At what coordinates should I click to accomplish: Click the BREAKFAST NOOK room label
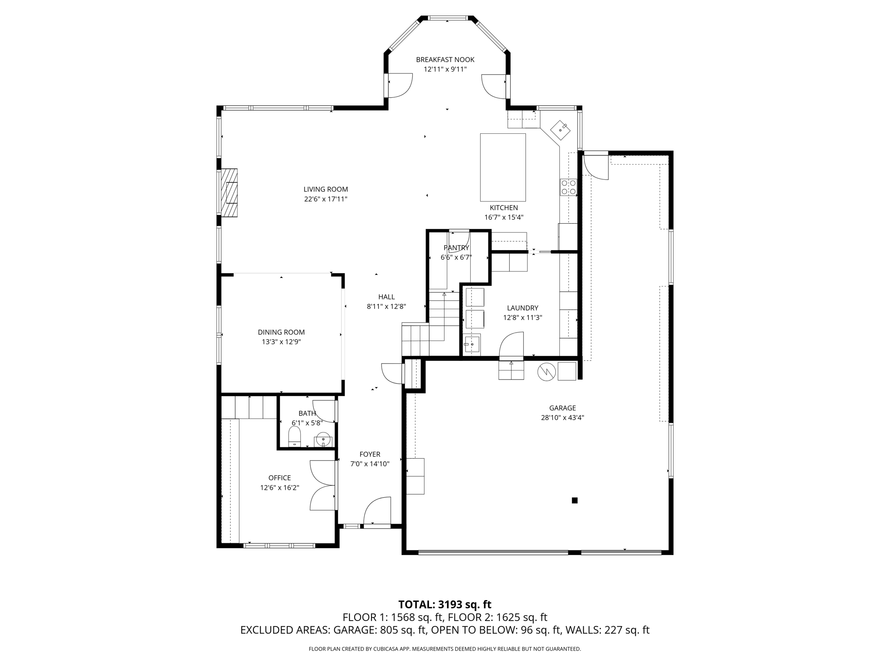pos(445,60)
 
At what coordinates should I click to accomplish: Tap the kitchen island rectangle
pos(503,167)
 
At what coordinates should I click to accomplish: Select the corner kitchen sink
pos(561,129)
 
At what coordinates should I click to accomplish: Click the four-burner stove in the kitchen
pos(568,187)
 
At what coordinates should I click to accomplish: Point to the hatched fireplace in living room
pos(229,192)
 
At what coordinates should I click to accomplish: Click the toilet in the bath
pos(295,436)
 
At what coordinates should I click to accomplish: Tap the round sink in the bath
pos(323,439)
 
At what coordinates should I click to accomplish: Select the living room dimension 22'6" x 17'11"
pos(325,199)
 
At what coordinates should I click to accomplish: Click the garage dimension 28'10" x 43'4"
pos(562,418)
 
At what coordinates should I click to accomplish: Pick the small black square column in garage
pos(575,500)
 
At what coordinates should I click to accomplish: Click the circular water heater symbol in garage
pos(546,372)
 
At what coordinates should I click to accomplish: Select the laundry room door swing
pos(511,345)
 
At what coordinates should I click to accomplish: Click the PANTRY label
pos(456,248)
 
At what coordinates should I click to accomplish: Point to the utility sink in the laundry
pos(472,344)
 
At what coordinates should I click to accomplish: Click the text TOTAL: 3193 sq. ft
pos(445,604)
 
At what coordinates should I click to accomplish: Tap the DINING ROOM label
pos(281,332)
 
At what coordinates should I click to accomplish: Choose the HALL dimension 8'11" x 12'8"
pos(386,307)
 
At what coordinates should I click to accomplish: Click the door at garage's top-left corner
pos(596,166)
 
